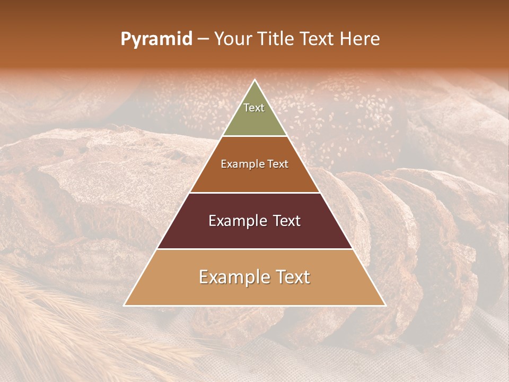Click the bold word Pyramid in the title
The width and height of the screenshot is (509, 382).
pyautogui.click(x=156, y=39)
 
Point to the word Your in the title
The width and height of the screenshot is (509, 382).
pyautogui.click(x=233, y=39)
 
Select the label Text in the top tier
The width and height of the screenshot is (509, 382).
pyautogui.click(x=254, y=108)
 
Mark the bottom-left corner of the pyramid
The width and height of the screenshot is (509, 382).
pyautogui.click(x=125, y=305)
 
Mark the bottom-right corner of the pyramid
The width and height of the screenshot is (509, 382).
pyautogui.click(x=385, y=305)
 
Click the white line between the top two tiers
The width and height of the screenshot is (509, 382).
pyautogui.click(x=254, y=136)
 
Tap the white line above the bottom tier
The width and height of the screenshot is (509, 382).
pyautogui.click(x=254, y=249)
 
